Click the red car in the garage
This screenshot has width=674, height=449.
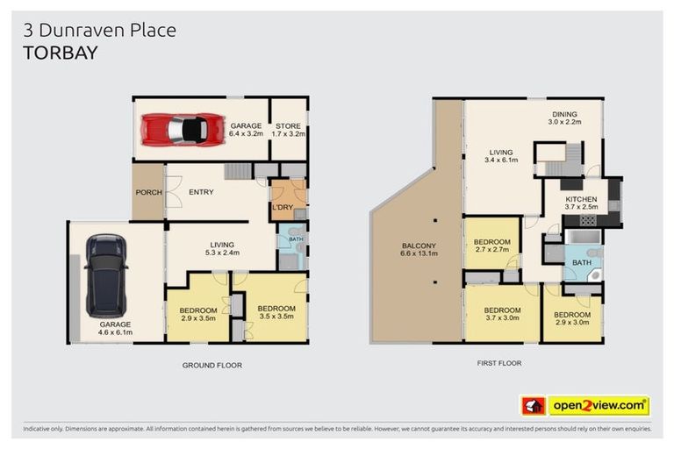183,130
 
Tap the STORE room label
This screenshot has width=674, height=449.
288,130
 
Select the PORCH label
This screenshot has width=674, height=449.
147,192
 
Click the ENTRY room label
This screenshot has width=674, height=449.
201,192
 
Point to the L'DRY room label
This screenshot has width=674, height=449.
282,207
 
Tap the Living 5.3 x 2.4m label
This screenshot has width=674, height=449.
220,250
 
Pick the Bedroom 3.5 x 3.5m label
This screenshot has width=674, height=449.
276,312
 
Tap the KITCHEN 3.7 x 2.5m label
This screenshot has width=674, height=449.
581,203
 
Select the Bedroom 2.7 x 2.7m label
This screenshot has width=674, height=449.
491,246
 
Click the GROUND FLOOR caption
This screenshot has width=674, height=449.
212,365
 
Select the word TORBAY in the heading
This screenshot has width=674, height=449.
60,52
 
